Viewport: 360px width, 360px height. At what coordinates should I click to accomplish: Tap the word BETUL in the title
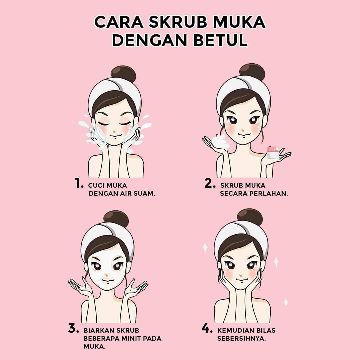click(220, 40)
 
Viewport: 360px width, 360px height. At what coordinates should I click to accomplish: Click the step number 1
click(79, 183)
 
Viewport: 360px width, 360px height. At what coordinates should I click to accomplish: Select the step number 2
click(210, 183)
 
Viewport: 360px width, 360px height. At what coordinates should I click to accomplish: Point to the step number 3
click(73, 328)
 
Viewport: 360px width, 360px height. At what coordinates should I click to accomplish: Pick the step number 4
click(207, 328)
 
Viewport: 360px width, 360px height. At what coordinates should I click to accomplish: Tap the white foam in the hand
click(220, 142)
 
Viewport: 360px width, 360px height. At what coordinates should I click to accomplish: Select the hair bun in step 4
click(250, 217)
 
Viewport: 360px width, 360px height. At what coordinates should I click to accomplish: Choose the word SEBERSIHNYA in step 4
click(242, 338)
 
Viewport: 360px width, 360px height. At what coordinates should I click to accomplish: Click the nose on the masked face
click(107, 275)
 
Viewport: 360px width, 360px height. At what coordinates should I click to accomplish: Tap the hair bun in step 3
click(116, 219)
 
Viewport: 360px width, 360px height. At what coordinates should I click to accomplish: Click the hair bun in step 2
click(252, 72)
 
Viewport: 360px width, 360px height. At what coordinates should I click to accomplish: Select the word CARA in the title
click(119, 22)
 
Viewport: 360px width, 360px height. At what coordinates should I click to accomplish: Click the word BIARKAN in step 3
click(98, 330)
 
